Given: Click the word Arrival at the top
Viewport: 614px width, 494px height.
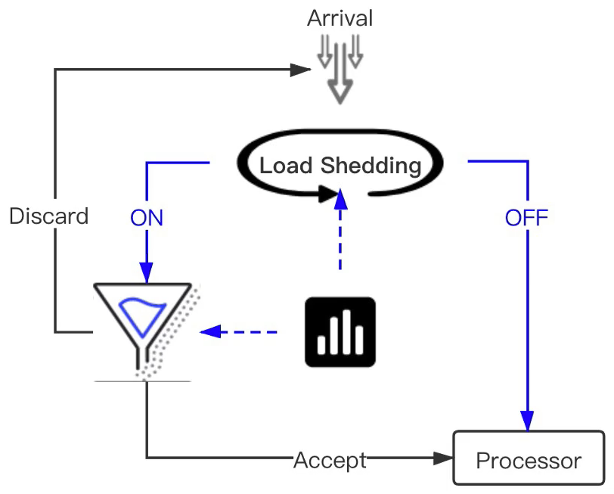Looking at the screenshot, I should [x=340, y=18].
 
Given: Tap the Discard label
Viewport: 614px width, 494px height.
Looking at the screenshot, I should [x=48, y=216].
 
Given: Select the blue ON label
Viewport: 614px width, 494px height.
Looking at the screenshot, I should [x=147, y=218].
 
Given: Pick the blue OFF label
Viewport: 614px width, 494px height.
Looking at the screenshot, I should [x=526, y=218].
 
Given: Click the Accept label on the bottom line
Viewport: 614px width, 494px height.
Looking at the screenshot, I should [x=330, y=459].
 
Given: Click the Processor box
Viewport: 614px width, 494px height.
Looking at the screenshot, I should [x=529, y=458].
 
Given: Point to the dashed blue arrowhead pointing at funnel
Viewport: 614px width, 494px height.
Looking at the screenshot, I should [x=209, y=331].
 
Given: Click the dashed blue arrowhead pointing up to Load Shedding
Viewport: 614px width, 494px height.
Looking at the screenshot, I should [x=340, y=200].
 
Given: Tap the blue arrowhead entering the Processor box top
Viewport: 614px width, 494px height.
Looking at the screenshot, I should [x=527, y=421].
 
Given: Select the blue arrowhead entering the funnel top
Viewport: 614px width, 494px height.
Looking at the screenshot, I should [x=146, y=272].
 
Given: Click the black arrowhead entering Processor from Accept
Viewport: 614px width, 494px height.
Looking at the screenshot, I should [x=442, y=458].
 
